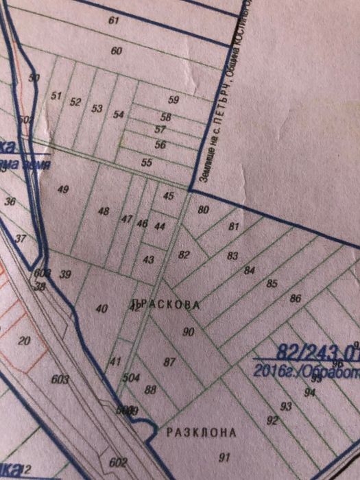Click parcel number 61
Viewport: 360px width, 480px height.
click(114, 21)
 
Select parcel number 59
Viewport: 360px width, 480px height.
click(173, 100)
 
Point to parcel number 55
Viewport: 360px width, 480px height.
click(146, 163)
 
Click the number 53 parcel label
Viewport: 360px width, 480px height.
click(97, 108)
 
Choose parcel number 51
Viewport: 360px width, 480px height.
click(57, 96)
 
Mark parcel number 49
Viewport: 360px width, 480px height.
click(64, 189)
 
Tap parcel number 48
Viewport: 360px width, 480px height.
click(104, 211)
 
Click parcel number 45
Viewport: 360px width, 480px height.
click(169, 196)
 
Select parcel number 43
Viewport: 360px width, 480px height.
click(149, 259)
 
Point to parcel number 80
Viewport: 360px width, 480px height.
click(203, 210)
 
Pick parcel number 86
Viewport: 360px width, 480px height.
click(296, 298)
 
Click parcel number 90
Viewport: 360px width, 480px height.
click(189, 332)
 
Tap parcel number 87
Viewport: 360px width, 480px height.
click(169, 361)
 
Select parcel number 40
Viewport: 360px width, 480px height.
click(101, 309)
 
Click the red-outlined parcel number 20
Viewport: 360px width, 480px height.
click(25, 341)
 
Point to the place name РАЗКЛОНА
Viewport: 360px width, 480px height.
click(202, 433)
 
